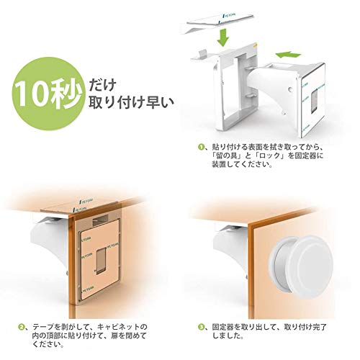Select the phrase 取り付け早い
[121, 100]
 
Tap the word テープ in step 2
[40, 326]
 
